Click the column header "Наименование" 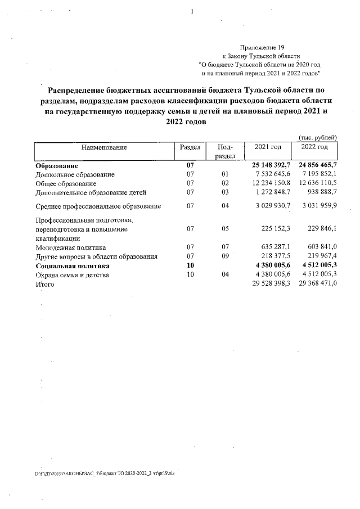104,147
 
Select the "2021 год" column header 268,147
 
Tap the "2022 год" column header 315,147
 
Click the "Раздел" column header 190,147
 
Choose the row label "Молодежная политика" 70,247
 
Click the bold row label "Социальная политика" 71,266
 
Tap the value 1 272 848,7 271,192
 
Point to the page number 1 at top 192,12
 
